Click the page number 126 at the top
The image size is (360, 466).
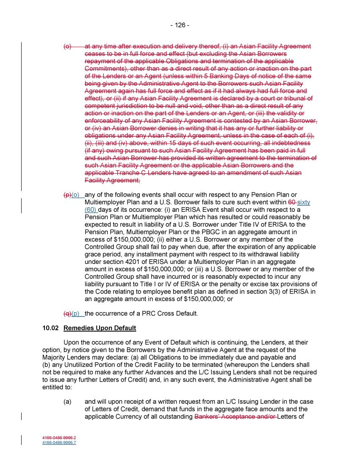click(180, 25)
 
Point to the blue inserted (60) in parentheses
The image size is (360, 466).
click(91, 210)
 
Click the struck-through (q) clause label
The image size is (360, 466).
click(67, 313)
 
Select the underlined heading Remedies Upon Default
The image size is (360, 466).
click(100, 328)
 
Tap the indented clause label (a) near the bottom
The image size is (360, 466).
click(68, 402)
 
